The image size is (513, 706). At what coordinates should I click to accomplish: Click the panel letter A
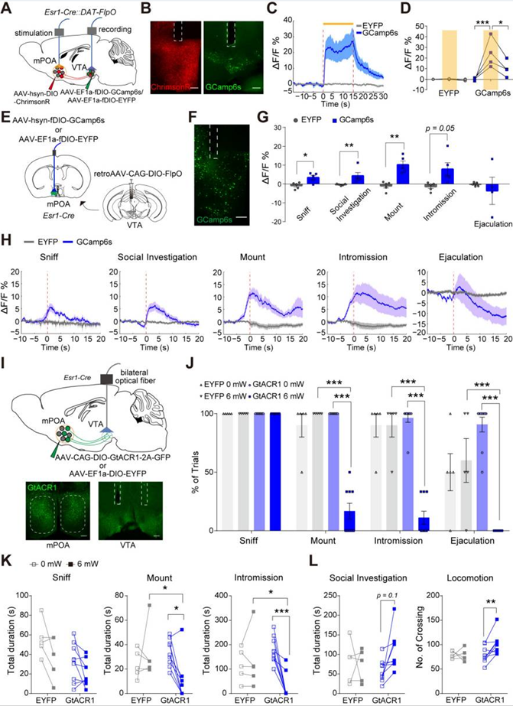(x=8, y=8)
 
